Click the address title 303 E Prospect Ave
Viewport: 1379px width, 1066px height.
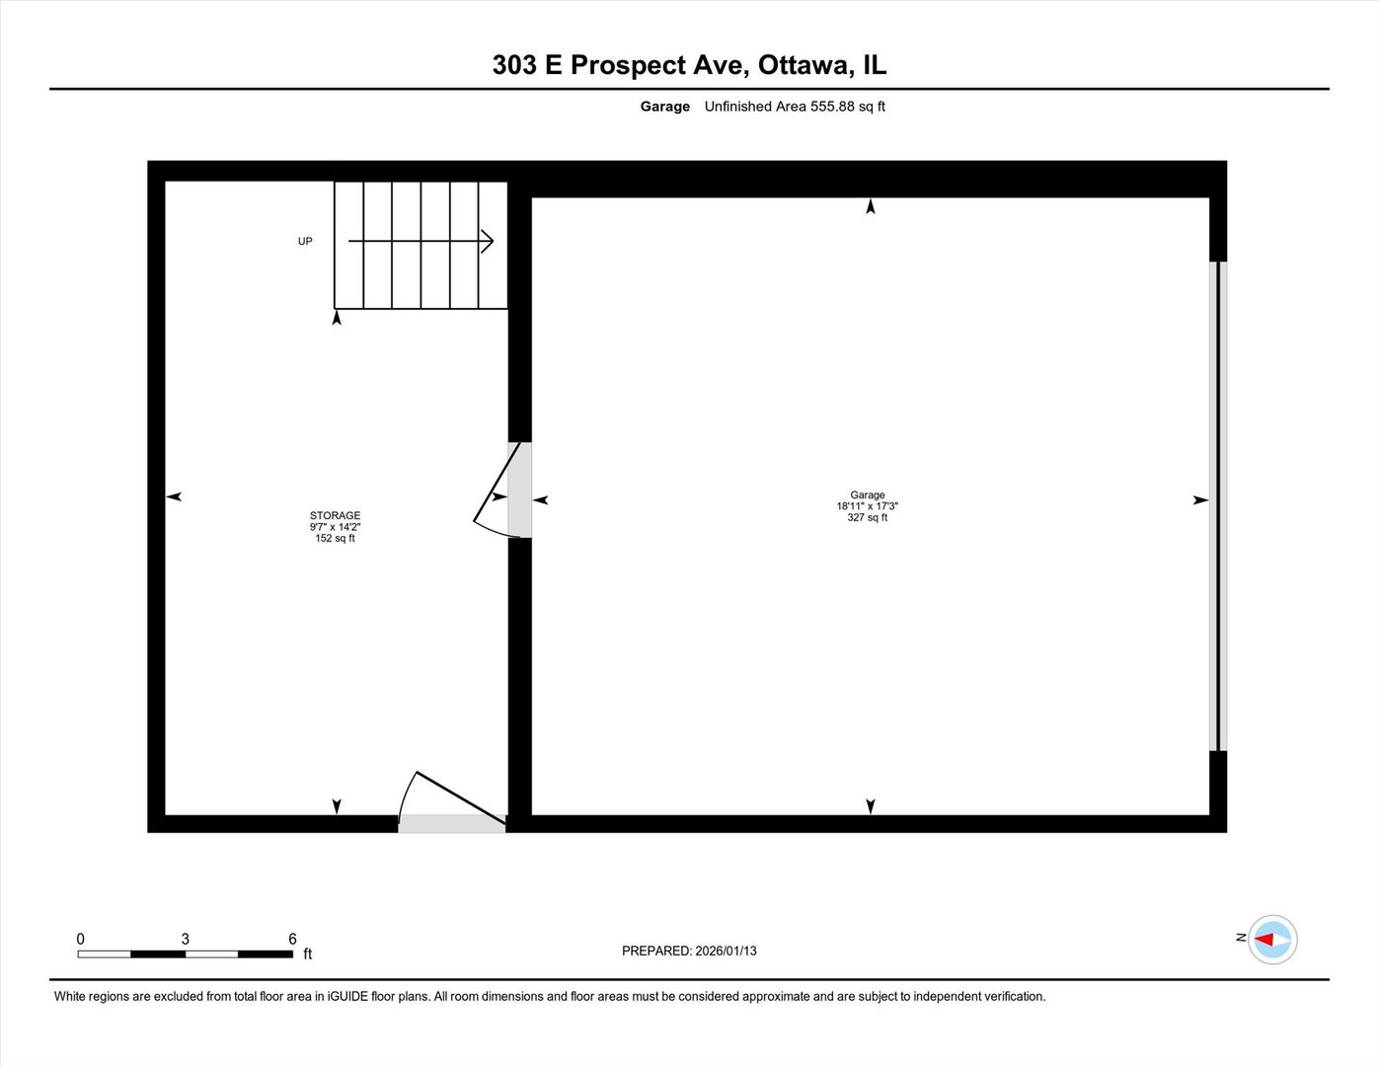tap(688, 65)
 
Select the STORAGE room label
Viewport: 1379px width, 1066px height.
tap(335, 515)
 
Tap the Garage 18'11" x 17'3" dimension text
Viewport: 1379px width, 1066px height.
tap(867, 506)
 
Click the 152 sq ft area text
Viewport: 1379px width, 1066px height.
tap(335, 539)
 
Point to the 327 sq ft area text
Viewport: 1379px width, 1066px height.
tap(867, 517)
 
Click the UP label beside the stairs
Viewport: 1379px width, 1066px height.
tap(305, 241)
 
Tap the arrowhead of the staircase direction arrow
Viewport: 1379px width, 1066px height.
tap(488, 241)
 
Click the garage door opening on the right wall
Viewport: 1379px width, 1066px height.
tap(1218, 505)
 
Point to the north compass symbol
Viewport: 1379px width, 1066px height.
tap(1271, 940)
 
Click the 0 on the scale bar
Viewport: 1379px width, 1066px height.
tap(81, 939)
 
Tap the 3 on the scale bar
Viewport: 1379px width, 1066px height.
tap(185, 939)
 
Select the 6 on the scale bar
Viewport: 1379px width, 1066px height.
tap(292, 939)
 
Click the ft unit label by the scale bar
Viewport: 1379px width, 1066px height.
tap(307, 953)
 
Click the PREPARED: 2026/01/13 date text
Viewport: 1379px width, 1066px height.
tap(689, 951)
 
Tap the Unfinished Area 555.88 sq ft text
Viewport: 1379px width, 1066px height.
tap(794, 107)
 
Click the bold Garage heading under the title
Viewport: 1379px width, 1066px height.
tap(664, 107)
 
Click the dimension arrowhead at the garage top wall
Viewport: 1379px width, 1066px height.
tap(870, 206)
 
